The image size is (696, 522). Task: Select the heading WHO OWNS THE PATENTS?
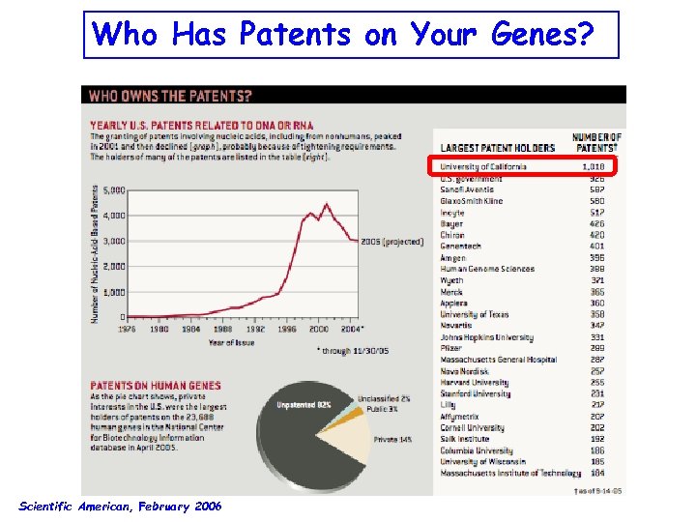pyautogui.click(x=170, y=96)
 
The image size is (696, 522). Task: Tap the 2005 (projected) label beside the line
pyautogui.click(x=391, y=241)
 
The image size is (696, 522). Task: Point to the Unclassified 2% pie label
pyautogui.click(x=384, y=398)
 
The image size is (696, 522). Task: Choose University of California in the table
pyautogui.click(x=483, y=166)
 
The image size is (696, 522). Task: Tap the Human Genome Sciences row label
pyautogui.click(x=487, y=269)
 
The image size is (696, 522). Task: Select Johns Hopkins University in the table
pyautogui.click(x=486, y=337)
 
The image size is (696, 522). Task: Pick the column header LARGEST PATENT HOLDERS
pyautogui.click(x=498, y=148)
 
